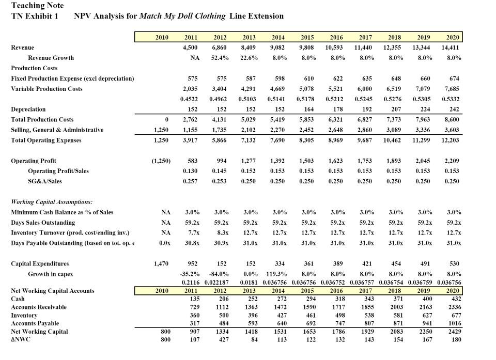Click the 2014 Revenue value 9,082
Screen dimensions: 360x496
[277, 48]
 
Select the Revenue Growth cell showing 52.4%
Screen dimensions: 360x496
[221, 58]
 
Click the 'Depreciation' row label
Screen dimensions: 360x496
[28, 109]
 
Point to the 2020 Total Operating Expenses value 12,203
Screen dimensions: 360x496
[450, 140]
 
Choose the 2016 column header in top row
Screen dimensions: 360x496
[336, 37]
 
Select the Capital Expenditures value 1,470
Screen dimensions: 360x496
[162, 263]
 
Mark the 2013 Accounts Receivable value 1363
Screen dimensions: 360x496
[250, 307]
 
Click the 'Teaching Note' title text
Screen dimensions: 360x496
[38, 6]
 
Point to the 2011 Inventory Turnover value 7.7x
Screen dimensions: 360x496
[193, 232]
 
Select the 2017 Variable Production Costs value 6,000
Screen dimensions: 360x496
[364, 89]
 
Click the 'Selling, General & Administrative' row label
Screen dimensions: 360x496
[57, 130]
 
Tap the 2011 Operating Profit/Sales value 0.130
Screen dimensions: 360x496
[192, 171]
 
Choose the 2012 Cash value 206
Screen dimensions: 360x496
[222, 299]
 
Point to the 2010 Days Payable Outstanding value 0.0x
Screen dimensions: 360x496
[165, 243]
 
